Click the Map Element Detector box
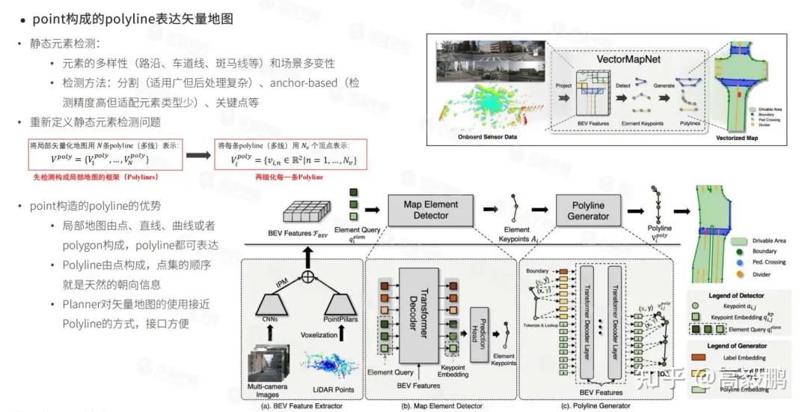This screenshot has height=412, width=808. point(431,209)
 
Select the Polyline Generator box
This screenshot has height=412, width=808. point(588,209)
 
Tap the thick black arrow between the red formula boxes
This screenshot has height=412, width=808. point(197,155)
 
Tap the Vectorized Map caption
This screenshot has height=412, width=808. point(736,138)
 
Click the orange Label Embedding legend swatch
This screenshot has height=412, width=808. point(703,358)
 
